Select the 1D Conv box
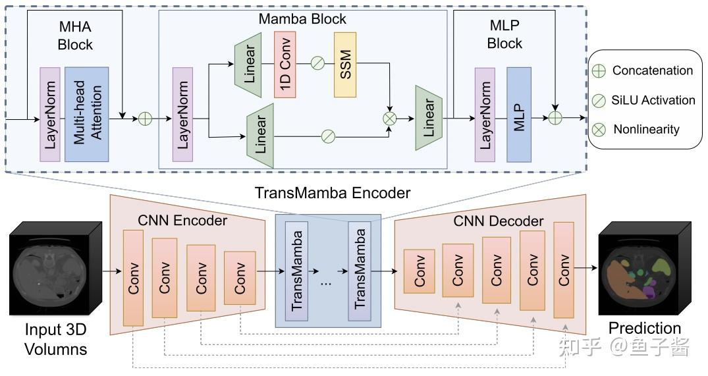tap(285, 64)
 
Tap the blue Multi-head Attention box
tap(86, 114)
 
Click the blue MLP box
tap(518, 114)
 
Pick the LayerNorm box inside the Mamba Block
tap(183, 114)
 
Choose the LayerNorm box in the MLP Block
tap(485, 114)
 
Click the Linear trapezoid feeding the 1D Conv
tap(248, 64)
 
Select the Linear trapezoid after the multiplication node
tap(429, 118)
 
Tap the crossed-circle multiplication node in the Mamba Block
tap(390, 119)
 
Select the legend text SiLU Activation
tap(653, 100)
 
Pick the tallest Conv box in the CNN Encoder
tap(132, 278)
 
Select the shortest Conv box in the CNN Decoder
tap(419, 271)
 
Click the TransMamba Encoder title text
tap(333, 193)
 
